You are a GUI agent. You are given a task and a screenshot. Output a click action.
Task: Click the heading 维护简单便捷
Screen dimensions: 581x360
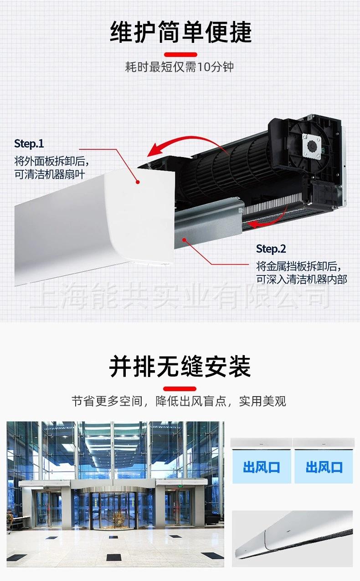[x=180, y=32]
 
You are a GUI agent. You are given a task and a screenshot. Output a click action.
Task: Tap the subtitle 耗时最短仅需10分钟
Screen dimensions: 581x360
[x=180, y=67]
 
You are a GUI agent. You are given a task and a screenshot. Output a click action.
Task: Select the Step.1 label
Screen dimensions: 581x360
[x=29, y=144]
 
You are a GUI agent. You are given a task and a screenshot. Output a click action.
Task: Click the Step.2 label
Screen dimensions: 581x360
[x=271, y=249]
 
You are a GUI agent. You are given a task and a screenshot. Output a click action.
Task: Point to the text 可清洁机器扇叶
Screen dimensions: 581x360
[x=50, y=174]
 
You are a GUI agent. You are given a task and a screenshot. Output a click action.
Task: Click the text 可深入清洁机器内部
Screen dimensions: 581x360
[x=301, y=279]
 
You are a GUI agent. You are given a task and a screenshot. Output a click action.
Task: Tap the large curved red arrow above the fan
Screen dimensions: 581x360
[x=182, y=143]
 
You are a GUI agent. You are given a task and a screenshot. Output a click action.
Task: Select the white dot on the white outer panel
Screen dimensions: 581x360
[x=137, y=182]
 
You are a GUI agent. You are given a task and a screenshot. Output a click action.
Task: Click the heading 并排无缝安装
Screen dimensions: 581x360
[x=180, y=367]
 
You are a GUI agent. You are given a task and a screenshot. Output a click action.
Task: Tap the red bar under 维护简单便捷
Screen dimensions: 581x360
[x=180, y=54]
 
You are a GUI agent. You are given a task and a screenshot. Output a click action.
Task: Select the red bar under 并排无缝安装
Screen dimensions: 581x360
[x=180, y=388]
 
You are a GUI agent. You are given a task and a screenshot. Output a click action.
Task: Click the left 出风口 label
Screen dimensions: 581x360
[x=261, y=467]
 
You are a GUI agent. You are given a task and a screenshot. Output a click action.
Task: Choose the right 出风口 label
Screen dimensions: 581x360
[x=324, y=467]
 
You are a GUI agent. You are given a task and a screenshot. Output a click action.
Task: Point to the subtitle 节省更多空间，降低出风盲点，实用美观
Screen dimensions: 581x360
[x=179, y=402]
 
